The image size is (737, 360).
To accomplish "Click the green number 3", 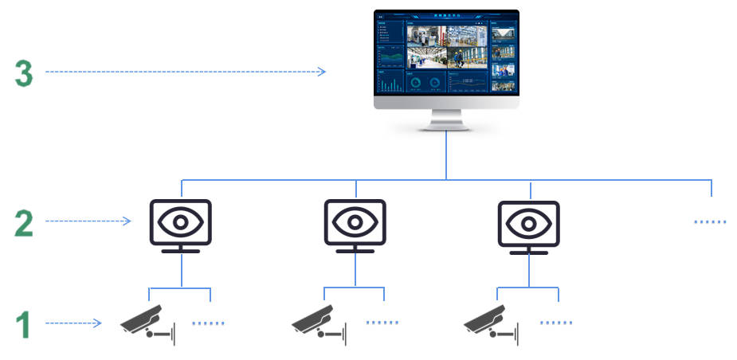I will click(24, 73).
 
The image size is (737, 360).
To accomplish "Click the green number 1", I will click(24, 325).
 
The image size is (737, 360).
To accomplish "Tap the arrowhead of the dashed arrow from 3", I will click(322, 72).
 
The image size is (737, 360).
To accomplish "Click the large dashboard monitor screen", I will click(446, 55).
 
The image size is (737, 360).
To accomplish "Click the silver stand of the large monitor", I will click(446, 118).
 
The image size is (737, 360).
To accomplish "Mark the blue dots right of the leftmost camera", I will click(209, 323).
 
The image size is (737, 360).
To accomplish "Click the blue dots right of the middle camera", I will click(382, 323).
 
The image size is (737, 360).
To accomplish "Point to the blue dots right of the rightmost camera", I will click(555, 323).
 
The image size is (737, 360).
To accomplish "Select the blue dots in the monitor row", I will click(711, 222).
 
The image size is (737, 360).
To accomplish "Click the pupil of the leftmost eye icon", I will click(181, 220).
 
